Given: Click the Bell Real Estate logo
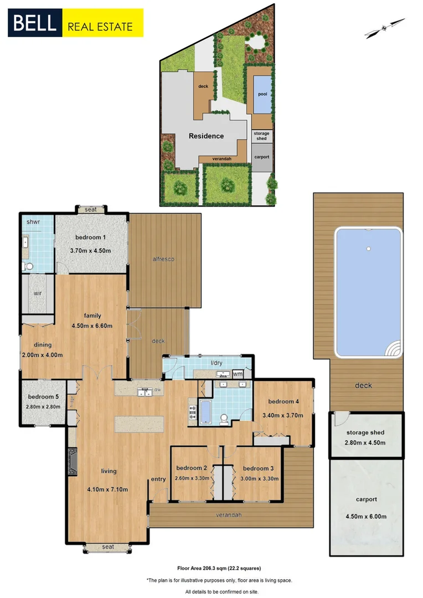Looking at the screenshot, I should pos(75,23).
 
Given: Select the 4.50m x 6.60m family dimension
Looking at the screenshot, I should pos(92,326).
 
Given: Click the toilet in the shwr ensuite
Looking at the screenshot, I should pos(28,267).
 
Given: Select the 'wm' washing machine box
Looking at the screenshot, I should pos(238,374).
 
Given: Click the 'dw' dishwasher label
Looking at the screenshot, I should pos(158,389).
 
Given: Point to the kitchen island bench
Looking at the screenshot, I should pos(140,424).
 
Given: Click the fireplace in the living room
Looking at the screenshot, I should pos(73,461).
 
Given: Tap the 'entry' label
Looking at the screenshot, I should pos(158,480).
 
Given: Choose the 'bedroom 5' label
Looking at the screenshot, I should pos(43,397).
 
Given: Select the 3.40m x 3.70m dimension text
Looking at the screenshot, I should pos(283,413).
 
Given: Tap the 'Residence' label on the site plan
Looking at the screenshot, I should pos(206,136).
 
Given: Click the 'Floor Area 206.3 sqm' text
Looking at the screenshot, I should pos(219,568).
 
